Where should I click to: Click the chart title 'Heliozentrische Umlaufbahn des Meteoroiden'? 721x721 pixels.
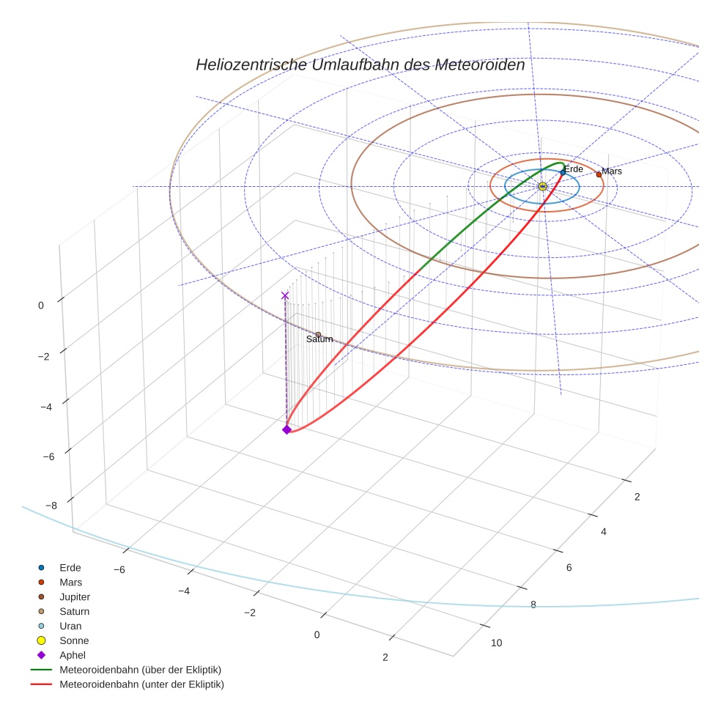360,65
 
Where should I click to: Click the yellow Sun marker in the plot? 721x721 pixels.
542,187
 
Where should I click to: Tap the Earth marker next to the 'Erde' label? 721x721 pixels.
563,173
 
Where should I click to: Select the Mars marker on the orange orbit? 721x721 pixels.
599,174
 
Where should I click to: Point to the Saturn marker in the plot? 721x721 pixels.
318,335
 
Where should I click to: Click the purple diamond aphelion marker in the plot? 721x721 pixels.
286,429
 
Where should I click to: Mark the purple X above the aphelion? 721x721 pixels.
285,295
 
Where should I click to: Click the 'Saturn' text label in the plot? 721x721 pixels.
319,339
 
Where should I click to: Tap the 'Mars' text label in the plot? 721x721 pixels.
612,171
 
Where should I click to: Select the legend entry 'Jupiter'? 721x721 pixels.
75,596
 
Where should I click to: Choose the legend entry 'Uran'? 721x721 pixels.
70,626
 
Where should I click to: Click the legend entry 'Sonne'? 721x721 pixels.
74,640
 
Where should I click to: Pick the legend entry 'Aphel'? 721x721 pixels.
73,655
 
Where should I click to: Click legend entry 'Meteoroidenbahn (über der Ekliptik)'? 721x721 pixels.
141,670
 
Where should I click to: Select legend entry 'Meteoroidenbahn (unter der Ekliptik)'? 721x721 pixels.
141,684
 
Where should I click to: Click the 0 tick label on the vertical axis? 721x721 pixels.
42,306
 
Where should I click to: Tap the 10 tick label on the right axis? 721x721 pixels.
496,643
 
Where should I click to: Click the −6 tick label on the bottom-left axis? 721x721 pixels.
120,570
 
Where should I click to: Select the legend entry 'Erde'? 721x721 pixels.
70,567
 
